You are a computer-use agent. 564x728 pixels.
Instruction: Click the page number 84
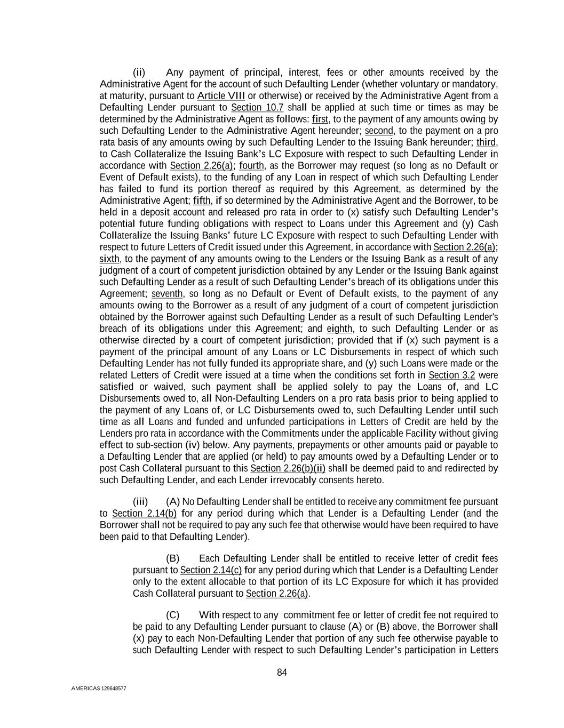pos(282,672)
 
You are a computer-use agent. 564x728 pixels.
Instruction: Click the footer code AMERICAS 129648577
pos(99,689)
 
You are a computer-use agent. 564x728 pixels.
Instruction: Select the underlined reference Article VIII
pos(221,96)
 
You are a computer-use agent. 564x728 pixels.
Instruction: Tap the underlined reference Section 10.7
pos(257,108)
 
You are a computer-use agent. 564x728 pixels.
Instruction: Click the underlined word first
pos(320,119)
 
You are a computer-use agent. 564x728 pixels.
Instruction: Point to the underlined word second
pos(379,131)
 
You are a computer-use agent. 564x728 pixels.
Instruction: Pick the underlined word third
pos(486,142)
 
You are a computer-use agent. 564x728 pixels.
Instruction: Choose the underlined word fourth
pos(252,166)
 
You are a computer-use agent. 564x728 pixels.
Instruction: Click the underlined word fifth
pos(202,201)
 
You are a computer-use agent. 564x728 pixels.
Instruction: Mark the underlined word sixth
pos(109,259)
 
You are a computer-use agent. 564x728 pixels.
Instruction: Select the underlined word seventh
pos(167,294)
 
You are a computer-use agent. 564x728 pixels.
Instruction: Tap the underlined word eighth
pos(339,329)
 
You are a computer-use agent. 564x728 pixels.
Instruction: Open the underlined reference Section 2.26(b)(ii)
pos(288,468)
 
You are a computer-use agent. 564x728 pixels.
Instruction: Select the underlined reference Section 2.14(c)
pos(211,570)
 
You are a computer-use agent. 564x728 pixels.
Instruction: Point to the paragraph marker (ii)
pos(139,73)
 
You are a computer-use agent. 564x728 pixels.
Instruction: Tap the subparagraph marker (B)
pos(173,558)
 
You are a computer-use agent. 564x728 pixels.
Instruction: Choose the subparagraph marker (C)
pos(173,615)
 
